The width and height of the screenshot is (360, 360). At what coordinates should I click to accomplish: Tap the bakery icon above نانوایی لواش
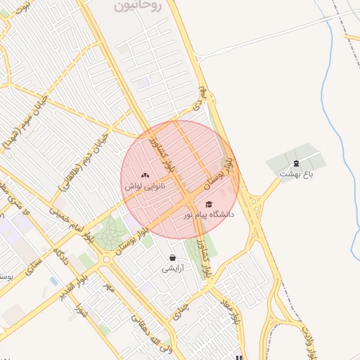pyautogui.click(x=145, y=176)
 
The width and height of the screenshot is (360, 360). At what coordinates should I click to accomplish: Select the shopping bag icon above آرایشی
pyautogui.click(x=172, y=258)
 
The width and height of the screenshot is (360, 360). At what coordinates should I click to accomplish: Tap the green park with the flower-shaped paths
pyautogui.click(x=110, y=234)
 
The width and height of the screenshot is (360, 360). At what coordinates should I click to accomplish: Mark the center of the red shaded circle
pyautogui.click(x=180, y=180)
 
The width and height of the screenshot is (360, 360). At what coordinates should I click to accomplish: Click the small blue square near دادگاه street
pyautogui.click(x=54, y=281)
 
